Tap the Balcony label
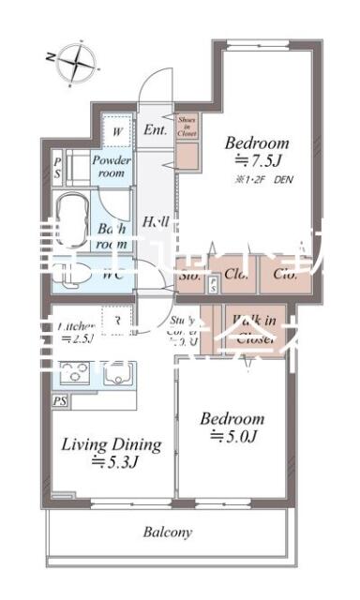[x=169, y=532]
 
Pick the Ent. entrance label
[x=155, y=129]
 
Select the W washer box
[x=116, y=131]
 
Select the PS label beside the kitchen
[x=60, y=401]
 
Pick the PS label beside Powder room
[x=56, y=168]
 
